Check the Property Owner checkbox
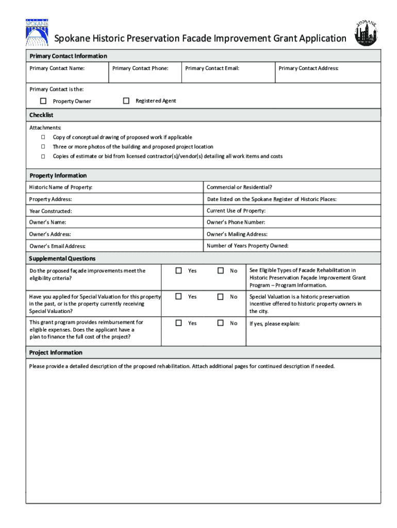[43, 101]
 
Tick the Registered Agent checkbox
[126, 101]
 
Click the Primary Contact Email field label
[212, 68]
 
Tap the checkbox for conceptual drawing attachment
[43, 137]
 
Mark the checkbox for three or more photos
[43, 147]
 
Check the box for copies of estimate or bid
[43, 156]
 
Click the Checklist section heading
[41, 115]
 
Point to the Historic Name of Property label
[61, 187]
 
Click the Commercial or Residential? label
[239, 187]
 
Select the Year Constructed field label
[51, 211]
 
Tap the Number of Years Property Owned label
[247, 245]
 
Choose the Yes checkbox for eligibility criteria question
[179, 271]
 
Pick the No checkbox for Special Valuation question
[221, 296]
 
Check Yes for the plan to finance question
[179, 323]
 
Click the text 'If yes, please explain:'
[274, 324]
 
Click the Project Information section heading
[56, 353]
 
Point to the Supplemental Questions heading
[62, 258]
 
